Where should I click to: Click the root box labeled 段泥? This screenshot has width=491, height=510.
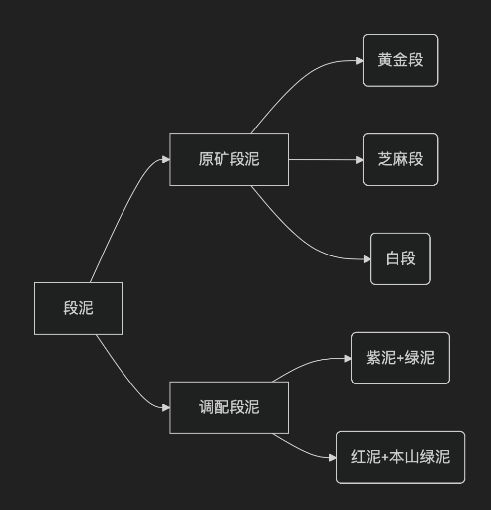[78, 308]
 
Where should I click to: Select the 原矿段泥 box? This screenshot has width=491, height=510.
[229, 159]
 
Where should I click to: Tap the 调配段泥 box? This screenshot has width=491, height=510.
[229, 407]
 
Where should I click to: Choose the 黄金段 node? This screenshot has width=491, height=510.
[400, 60]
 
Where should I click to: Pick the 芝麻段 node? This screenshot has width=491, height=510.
[400, 159]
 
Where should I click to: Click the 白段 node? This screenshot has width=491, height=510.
[400, 258]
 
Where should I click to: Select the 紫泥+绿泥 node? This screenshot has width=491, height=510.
[400, 358]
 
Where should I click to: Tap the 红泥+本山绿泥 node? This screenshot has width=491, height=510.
[400, 457]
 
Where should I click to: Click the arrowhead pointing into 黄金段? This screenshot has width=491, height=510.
[360, 60]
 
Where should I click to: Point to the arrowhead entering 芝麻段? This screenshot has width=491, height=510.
[360, 160]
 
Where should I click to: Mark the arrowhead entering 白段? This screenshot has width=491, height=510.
[367, 259]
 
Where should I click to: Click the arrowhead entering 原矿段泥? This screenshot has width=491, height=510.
[166, 159]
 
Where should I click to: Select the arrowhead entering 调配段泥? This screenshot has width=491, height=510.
[166, 407]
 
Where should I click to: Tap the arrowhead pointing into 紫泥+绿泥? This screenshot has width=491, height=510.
[348, 358]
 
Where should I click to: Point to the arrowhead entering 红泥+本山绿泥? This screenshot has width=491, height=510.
[333, 457]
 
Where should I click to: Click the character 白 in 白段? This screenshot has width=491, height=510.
[393, 258]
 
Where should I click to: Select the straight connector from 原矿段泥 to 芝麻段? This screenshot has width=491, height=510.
[324, 160]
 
